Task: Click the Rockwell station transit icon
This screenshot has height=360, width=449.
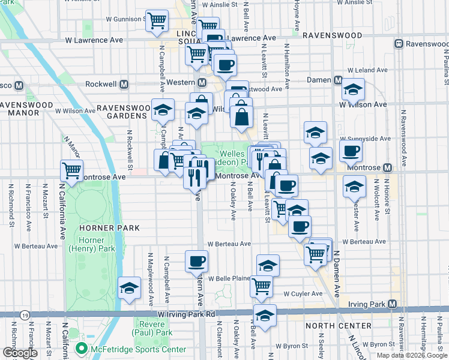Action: pyautogui.click(x=125, y=85)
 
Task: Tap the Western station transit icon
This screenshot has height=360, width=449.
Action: pyautogui.click(x=202, y=83)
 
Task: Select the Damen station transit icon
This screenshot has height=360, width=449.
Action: pyautogui.click(x=338, y=80)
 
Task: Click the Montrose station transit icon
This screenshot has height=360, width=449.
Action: pyautogui.click(x=387, y=167)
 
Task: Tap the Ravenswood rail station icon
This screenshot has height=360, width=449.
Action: pyautogui.click(x=398, y=44)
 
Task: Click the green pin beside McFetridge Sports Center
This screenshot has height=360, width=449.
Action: pyautogui.click(x=80, y=349)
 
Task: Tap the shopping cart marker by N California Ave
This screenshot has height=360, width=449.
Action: pyautogui.click(x=72, y=170)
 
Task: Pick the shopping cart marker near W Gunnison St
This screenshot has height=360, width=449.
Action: pyautogui.click(x=157, y=20)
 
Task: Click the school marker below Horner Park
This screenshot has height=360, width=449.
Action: pyautogui.click(x=130, y=288)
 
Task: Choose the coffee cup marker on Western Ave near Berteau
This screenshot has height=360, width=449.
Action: pyautogui.click(x=196, y=261)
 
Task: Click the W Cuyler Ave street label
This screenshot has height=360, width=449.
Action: pyautogui.click(x=303, y=294)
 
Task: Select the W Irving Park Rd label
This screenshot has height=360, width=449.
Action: pyautogui.click(x=186, y=314)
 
